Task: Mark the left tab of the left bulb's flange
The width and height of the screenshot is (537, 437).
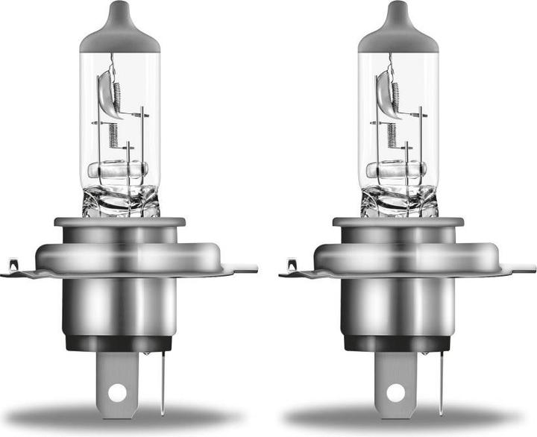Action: tap(13, 266)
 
